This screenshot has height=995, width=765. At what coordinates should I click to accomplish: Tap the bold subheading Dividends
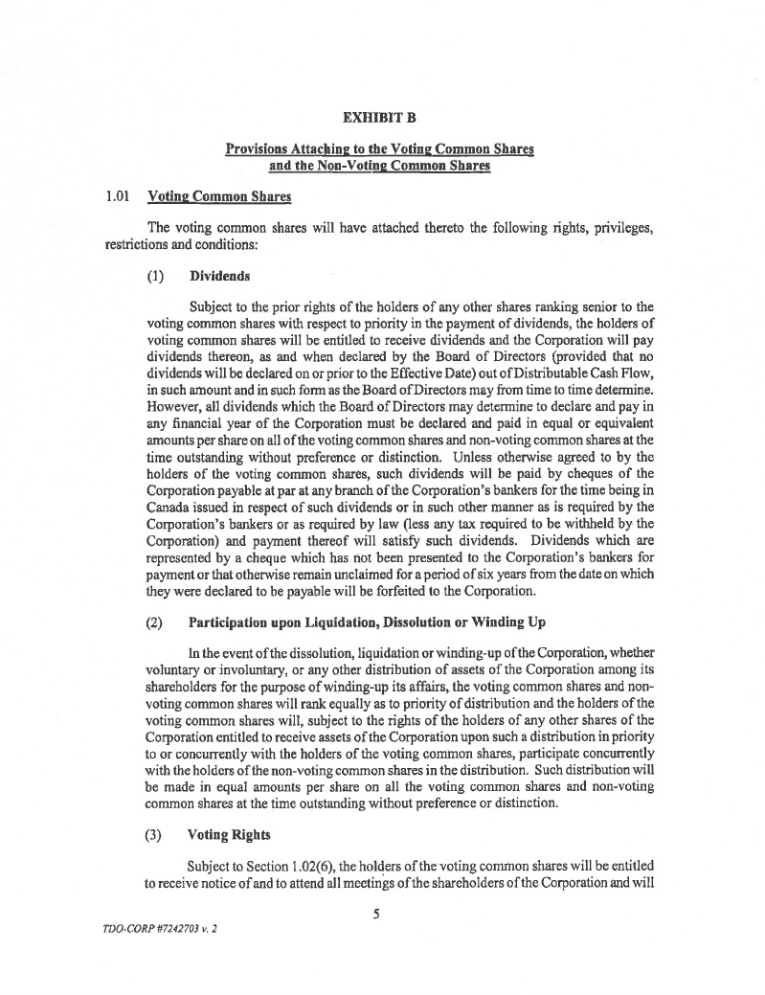pyautogui.click(x=219, y=276)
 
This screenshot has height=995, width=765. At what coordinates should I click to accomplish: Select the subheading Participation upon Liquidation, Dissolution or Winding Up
pyautogui.click(x=368, y=622)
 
